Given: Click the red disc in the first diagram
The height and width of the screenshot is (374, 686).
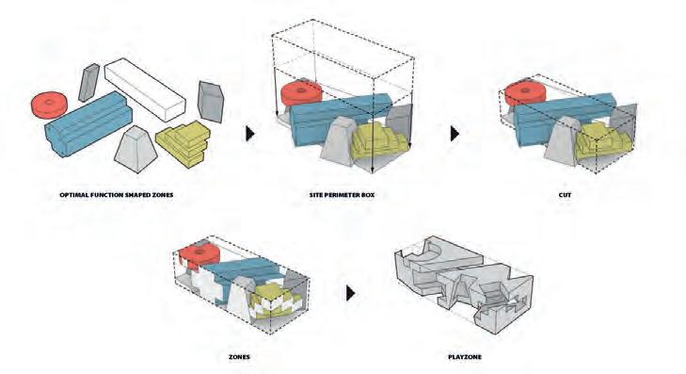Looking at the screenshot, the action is [49, 105].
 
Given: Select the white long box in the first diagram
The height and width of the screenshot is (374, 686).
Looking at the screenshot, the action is [145, 89].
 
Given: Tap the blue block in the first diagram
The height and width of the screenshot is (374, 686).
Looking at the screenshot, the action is [88, 123].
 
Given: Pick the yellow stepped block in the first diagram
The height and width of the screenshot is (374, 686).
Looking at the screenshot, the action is [183, 143].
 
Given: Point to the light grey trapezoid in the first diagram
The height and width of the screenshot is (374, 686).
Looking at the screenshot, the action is [136, 150].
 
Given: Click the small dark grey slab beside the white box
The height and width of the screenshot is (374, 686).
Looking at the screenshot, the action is [88, 82].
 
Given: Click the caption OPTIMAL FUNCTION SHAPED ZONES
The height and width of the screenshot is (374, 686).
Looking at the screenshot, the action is [117, 195].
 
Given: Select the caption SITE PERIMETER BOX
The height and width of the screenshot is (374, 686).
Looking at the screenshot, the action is [342, 195].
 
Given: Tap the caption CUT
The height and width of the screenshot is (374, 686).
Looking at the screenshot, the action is [565, 195].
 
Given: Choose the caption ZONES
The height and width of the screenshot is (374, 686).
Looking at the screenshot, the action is [239, 357].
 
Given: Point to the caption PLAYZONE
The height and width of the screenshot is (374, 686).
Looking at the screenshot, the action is [465, 357].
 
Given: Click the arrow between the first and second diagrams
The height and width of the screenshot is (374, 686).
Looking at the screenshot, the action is [249, 134].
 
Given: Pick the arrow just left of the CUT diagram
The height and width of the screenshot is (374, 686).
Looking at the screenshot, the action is [455, 134].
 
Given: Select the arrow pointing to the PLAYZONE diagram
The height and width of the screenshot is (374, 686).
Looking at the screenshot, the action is [350, 293].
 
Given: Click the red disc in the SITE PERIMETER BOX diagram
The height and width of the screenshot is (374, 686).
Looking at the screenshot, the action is [301, 93].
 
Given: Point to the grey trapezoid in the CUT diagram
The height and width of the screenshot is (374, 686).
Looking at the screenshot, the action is [562, 141].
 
